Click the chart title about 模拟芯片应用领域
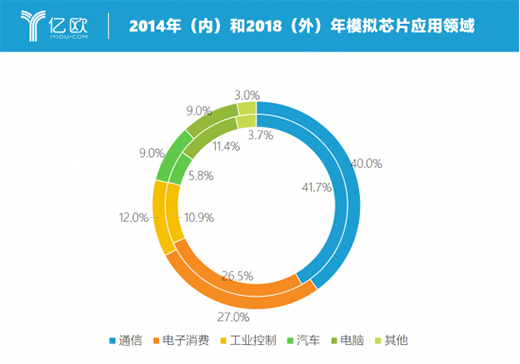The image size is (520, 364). coord(301,23)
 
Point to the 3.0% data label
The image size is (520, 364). coord(246,96)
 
